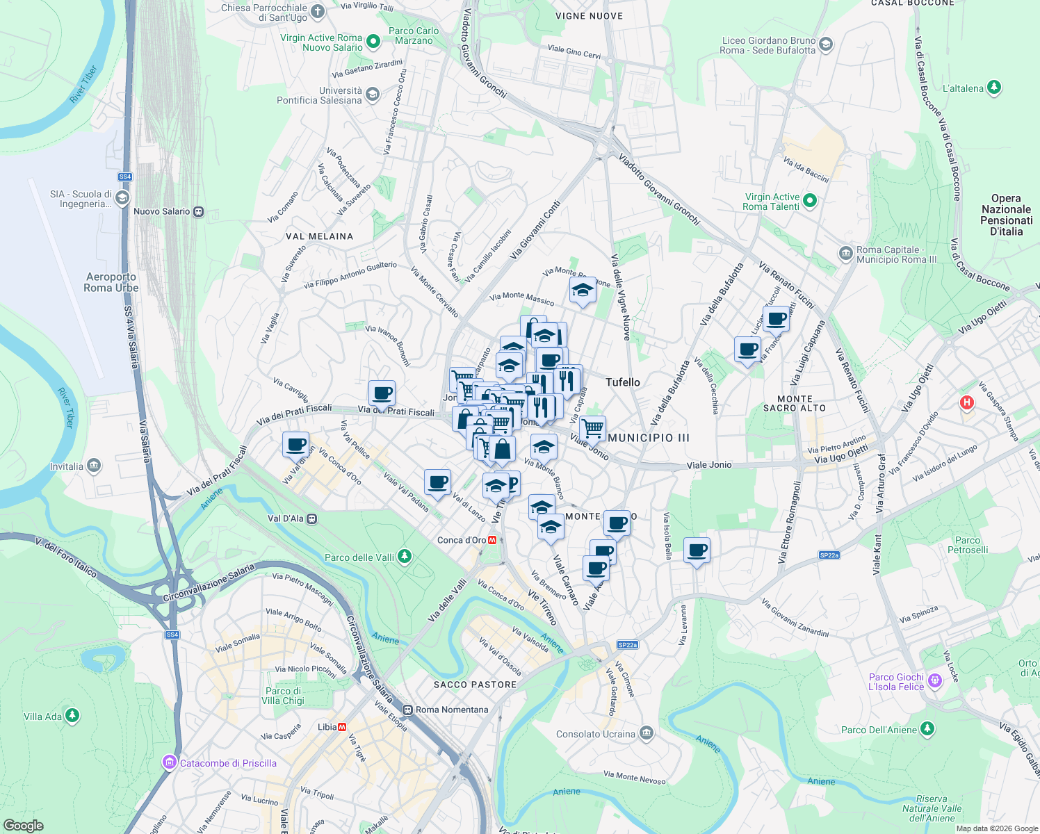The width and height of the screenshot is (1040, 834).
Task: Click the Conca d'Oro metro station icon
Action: tap(492, 540)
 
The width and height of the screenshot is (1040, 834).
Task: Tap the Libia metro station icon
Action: tap(342, 727)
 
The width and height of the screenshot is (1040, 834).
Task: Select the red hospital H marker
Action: tap(966, 402)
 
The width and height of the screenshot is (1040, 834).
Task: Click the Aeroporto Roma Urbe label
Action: tap(111, 282)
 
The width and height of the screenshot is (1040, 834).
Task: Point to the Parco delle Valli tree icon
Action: tap(405, 557)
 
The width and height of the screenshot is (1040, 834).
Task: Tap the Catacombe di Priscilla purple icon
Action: tap(170, 762)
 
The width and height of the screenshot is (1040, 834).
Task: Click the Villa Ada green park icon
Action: tap(72, 716)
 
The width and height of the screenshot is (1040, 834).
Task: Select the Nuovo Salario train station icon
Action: tap(199, 211)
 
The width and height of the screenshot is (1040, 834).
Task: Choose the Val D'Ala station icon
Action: tap(312, 518)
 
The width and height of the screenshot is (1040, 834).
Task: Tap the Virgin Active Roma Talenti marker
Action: tap(809, 202)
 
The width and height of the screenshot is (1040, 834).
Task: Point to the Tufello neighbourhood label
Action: tap(622, 382)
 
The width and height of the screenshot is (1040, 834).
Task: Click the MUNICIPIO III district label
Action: tap(649, 438)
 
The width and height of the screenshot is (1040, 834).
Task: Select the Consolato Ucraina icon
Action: tap(647, 733)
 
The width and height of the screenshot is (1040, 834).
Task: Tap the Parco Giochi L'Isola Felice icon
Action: tap(935, 680)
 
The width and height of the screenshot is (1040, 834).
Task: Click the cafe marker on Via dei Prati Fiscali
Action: tap(382, 393)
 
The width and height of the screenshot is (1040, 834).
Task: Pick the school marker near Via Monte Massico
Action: tap(583, 291)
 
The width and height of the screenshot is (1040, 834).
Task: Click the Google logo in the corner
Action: tap(23, 825)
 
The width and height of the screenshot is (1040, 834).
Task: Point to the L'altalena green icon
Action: tap(994, 88)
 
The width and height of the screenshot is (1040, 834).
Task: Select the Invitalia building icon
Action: tap(94, 466)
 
